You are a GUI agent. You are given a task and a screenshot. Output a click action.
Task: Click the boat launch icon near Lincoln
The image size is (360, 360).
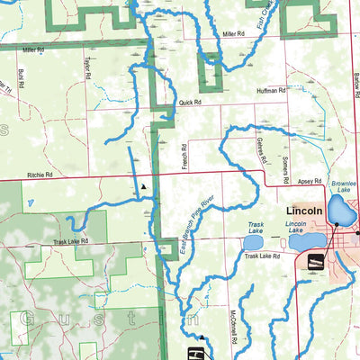(316, 261)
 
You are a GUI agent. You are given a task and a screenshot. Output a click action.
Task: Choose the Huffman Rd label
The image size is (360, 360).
(271, 91)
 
